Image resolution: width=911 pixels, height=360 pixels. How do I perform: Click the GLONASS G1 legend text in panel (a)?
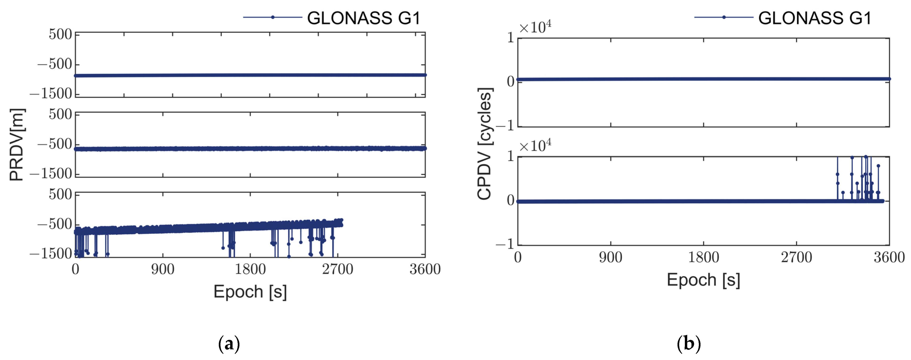click(364, 18)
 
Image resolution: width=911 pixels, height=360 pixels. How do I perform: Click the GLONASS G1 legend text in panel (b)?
click(815, 18)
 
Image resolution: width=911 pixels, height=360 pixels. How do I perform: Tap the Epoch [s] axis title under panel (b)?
click(703, 280)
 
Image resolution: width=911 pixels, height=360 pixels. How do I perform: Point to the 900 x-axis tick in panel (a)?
click(163, 269)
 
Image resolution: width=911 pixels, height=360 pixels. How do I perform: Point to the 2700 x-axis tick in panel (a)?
click(337, 269)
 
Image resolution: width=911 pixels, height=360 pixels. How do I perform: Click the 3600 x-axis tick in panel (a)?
click(425, 269)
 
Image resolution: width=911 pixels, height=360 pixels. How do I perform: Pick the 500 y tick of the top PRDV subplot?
click(60, 34)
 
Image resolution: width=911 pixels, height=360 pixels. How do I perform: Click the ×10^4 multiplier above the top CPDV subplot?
click(535, 27)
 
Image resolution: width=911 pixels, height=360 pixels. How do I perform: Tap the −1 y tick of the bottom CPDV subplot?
click(505, 244)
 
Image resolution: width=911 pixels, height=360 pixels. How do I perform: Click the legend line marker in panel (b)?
click(723, 17)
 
